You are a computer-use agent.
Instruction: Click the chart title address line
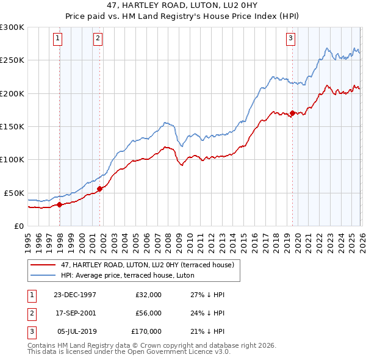coord(183,5)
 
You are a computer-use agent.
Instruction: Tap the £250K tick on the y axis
coord(12,60)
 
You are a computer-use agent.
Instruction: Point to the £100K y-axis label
coord(12,159)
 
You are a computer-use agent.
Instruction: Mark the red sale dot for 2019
coord(292,113)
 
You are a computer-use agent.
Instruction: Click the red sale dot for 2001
coord(100,189)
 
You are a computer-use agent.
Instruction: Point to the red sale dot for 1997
coord(60,204)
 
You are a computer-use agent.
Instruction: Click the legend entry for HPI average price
coord(127,275)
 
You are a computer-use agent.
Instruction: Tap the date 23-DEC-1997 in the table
coord(75,295)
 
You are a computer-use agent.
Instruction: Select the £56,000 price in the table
coord(148,313)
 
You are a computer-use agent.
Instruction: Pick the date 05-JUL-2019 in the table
coord(75,331)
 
